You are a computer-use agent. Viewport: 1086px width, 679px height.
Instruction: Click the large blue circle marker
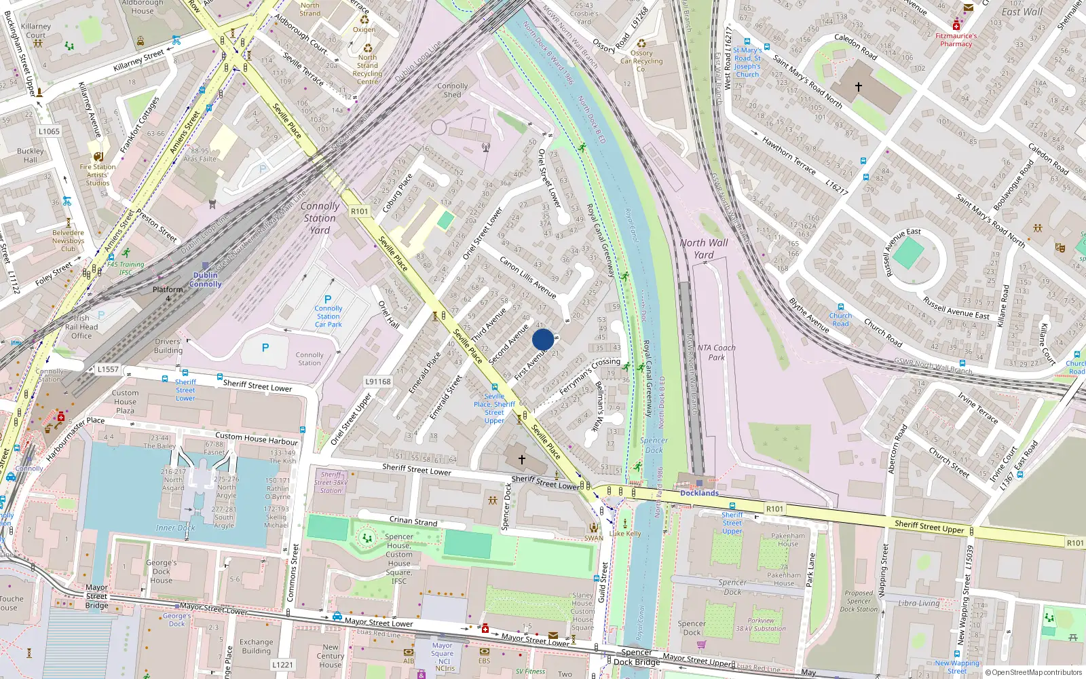543,339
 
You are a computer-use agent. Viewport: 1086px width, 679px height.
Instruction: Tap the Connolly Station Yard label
320,218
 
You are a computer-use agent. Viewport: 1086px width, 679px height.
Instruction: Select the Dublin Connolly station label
205,279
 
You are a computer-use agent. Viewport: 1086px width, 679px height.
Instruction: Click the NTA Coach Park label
716,352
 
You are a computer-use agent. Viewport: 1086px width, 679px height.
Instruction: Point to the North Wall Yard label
704,249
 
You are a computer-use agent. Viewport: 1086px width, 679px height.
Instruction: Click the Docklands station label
699,493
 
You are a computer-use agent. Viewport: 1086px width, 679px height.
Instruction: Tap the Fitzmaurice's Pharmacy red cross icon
956,25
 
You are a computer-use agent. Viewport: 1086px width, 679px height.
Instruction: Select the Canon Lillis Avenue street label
528,277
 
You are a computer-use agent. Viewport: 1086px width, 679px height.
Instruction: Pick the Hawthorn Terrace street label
789,155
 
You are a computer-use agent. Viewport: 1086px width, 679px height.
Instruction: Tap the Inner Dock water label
175,528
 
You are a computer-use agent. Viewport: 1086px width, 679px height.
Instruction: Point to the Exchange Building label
256,646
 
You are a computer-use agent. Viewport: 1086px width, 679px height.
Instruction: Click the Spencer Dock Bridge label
637,657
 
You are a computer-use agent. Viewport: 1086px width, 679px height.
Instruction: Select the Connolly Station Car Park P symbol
328,299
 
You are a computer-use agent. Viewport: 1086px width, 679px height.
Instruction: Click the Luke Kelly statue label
625,534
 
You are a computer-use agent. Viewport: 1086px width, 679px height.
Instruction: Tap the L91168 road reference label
378,382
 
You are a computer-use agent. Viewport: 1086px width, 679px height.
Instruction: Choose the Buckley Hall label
31,155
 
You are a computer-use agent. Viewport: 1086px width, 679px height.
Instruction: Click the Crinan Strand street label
413,521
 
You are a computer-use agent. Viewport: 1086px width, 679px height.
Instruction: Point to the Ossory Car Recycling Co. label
641,60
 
